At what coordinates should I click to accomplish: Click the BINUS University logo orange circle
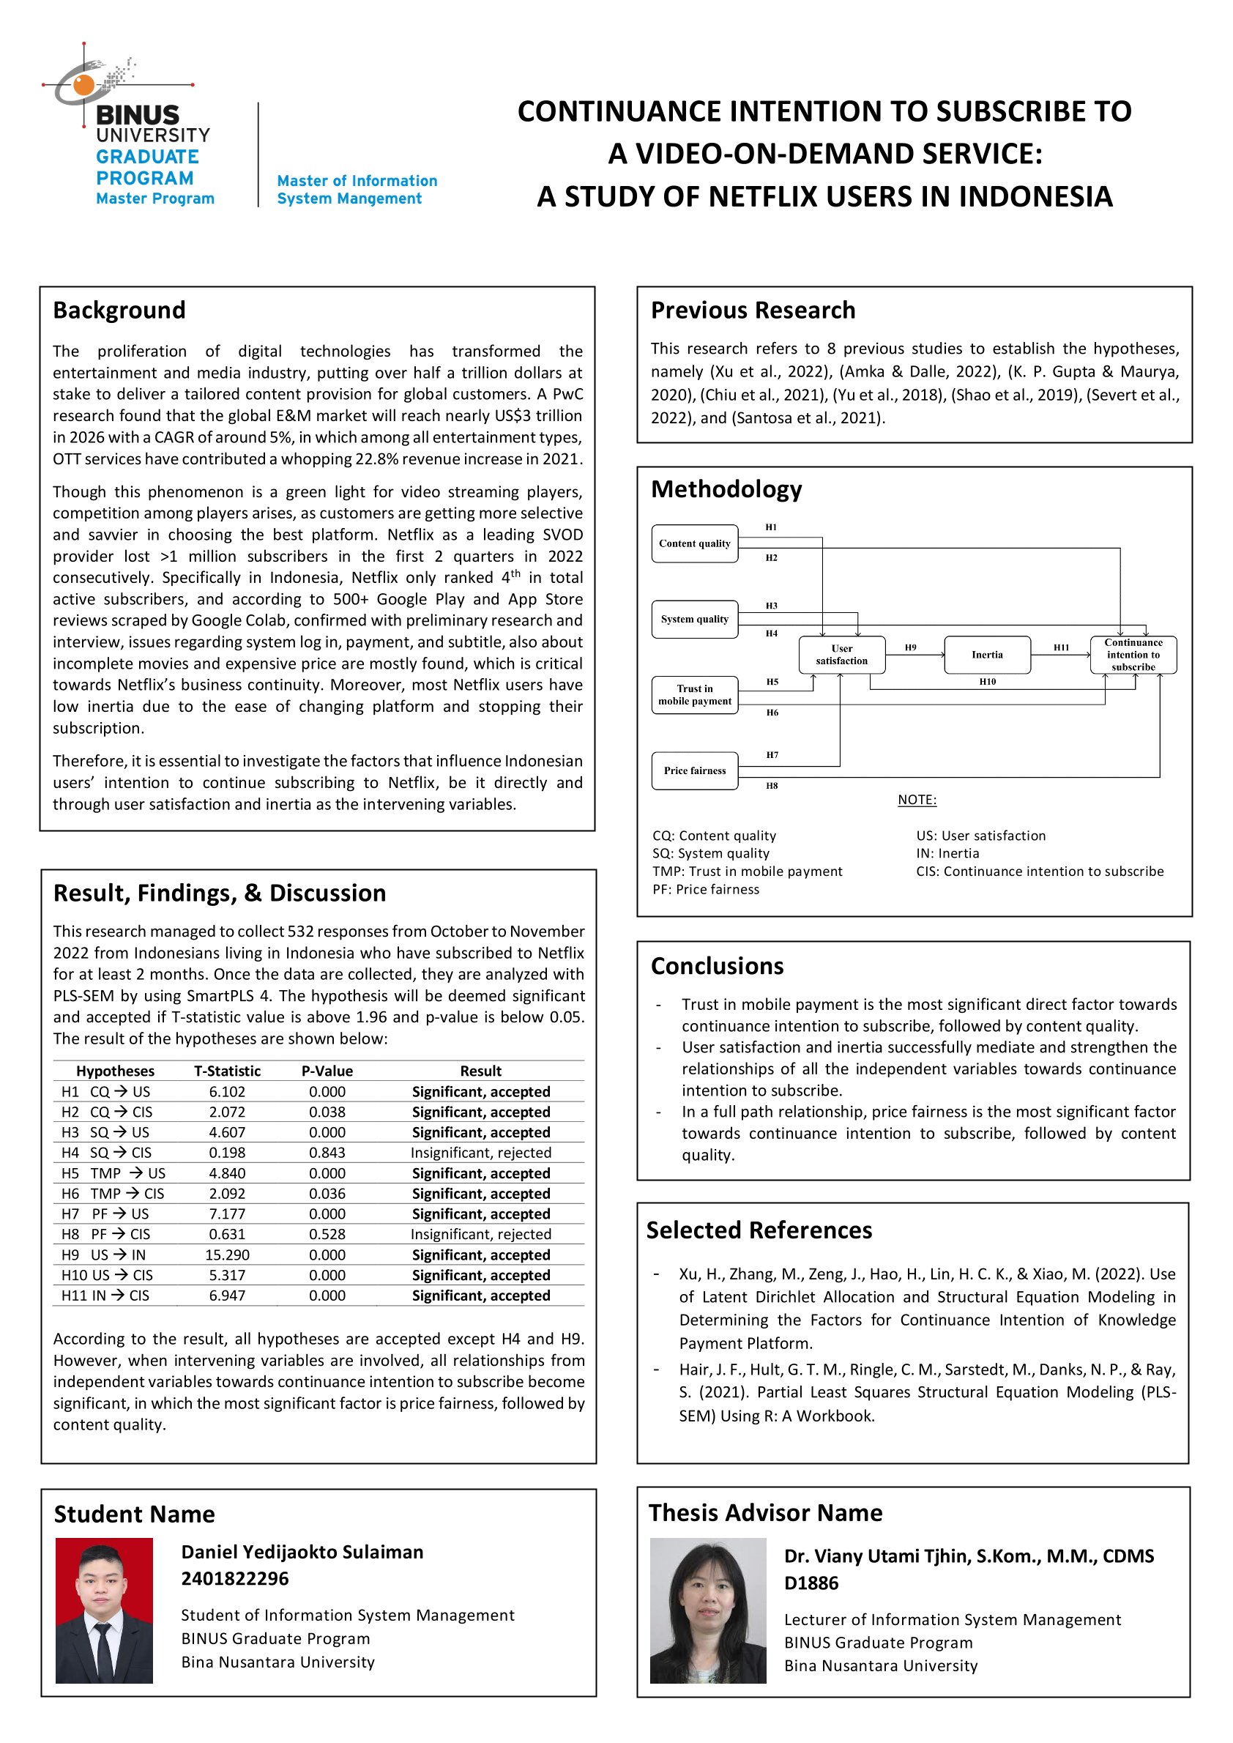pyautogui.click(x=84, y=85)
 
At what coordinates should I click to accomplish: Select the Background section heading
pyautogui.click(x=119, y=310)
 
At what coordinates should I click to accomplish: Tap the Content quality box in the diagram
pyautogui.click(x=695, y=544)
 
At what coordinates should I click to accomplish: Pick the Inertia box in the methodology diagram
pyautogui.click(x=987, y=655)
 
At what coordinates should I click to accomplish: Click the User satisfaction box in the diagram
pyautogui.click(x=841, y=655)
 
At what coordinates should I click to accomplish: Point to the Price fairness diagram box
pyautogui.click(x=695, y=771)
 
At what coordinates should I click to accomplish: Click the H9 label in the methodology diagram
pyautogui.click(x=910, y=648)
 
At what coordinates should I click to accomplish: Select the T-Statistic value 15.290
pyautogui.click(x=227, y=1255)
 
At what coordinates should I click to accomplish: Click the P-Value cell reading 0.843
pyautogui.click(x=327, y=1153)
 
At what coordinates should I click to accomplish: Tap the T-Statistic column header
pyautogui.click(x=227, y=1071)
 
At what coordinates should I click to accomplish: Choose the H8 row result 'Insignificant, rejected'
pyautogui.click(x=480, y=1234)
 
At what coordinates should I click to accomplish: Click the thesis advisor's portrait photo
pyautogui.click(x=707, y=1610)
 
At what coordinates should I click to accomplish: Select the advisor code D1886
pyautogui.click(x=811, y=1583)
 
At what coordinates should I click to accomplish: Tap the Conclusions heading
pyautogui.click(x=717, y=966)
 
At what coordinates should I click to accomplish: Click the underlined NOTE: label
pyautogui.click(x=917, y=800)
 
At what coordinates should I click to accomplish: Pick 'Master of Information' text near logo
pyautogui.click(x=357, y=181)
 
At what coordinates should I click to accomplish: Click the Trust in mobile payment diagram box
pyautogui.click(x=695, y=695)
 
